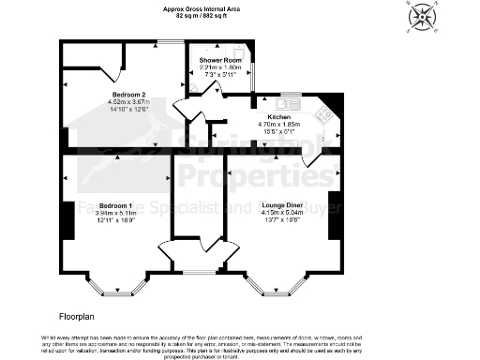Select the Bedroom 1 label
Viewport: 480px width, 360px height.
tap(112, 204)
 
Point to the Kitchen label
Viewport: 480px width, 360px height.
tap(265, 117)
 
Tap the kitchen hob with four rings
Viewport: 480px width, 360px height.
tap(324, 114)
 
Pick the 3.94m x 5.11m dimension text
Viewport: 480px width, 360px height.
tap(112, 212)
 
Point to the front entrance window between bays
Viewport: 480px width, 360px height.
tap(197, 272)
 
